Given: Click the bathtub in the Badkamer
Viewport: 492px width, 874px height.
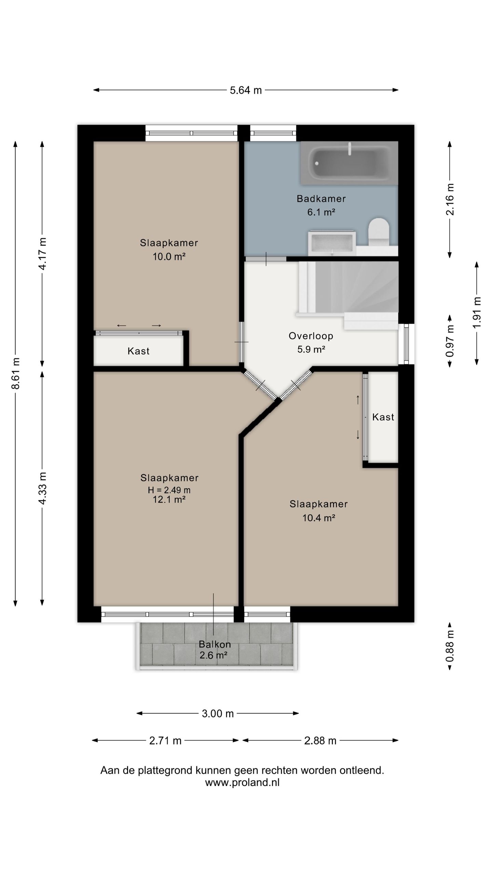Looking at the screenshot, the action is [349, 163].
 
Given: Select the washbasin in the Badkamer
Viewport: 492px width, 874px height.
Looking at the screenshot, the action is [332, 243].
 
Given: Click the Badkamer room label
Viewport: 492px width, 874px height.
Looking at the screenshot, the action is [321, 198].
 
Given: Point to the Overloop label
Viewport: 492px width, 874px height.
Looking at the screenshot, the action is [311, 336].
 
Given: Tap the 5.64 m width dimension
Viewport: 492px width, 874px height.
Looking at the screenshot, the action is [246, 90].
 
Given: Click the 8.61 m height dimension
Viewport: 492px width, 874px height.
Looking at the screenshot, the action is [15, 373].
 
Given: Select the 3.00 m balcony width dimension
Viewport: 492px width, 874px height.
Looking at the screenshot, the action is [218, 714].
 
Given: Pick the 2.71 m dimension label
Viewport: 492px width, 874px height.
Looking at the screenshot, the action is [165, 741].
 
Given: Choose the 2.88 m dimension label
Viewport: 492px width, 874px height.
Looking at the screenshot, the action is [320, 741].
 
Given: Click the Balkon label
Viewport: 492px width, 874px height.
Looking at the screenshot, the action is [215, 645].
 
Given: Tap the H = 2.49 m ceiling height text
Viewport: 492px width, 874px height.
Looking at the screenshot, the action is [169, 490].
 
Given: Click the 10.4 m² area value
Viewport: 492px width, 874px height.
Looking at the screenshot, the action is [318, 518].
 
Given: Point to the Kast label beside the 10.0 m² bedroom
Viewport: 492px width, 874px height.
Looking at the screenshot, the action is [138, 351].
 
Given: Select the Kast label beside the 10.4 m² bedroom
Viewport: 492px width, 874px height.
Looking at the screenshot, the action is [383, 417].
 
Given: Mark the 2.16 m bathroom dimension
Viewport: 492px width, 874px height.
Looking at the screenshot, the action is [450, 199].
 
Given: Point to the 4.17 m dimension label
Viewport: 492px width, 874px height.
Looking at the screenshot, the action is [42, 254].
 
